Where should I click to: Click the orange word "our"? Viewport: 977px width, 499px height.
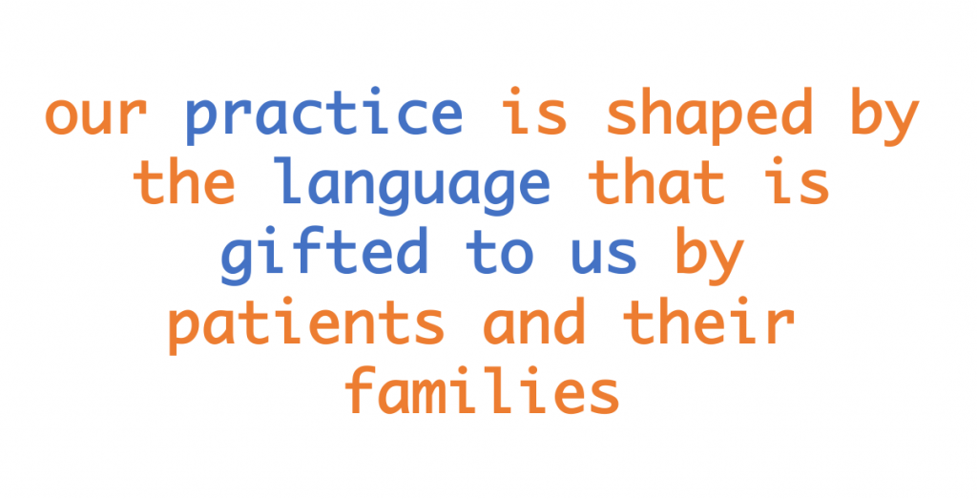click(95, 117)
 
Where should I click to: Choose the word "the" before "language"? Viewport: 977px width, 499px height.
click(185, 183)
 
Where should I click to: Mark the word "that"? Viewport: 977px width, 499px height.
click(658, 183)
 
